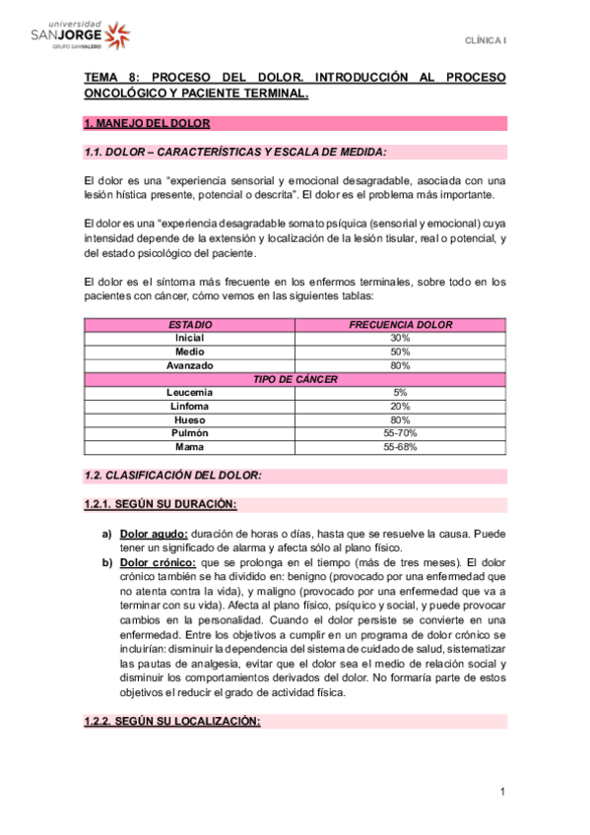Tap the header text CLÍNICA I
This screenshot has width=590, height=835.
pyautogui.click(x=486, y=39)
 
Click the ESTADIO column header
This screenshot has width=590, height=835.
pyautogui.click(x=189, y=324)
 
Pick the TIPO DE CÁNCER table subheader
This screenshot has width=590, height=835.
pyautogui.click(x=295, y=379)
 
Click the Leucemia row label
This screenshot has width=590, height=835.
pyautogui.click(x=189, y=393)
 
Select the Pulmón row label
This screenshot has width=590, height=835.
pyautogui.click(x=189, y=433)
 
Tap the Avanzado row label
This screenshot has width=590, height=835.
pyautogui.click(x=189, y=365)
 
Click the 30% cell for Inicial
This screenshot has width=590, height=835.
pyautogui.click(x=400, y=338)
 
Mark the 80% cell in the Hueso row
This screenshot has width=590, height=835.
pyautogui.click(x=400, y=419)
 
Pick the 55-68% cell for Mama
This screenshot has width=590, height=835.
pyautogui.click(x=400, y=447)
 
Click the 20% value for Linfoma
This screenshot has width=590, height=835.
pyautogui.click(x=400, y=406)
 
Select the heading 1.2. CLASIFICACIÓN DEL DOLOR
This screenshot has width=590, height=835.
pyautogui.click(x=172, y=476)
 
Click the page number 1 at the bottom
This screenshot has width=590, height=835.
pyautogui.click(x=501, y=793)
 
